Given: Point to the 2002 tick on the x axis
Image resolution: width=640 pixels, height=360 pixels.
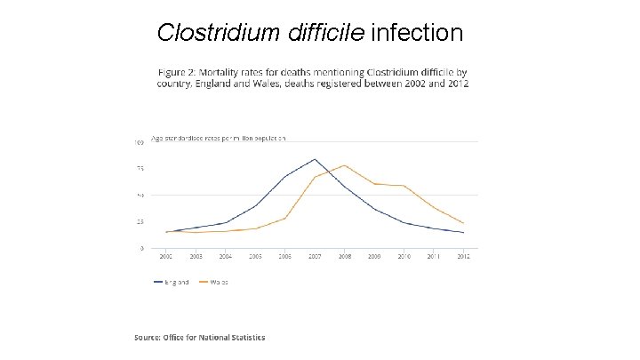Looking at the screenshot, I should point(166,256).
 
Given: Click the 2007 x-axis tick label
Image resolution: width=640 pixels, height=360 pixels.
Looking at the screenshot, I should point(315,256).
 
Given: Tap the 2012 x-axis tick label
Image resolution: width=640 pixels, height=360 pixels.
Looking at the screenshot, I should point(464,256).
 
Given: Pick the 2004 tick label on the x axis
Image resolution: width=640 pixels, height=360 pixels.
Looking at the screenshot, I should point(226,256).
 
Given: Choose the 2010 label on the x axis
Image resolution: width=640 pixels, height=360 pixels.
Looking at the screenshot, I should point(404,256).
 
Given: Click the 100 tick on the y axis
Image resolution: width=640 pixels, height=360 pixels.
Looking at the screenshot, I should point(140,142).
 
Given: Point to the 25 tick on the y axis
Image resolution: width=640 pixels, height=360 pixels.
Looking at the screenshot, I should point(140,221).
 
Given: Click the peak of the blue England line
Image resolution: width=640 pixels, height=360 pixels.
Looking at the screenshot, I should point(315,159).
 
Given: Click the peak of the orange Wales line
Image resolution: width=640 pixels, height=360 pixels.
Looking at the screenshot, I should point(345,165).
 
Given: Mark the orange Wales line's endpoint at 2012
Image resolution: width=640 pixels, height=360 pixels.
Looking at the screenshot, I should point(464,223).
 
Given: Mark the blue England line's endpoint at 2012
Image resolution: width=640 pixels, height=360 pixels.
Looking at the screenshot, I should point(464,233).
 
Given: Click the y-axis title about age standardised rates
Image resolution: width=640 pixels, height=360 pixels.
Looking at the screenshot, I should point(218,138).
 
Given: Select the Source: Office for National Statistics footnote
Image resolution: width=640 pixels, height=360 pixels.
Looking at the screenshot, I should point(199,337).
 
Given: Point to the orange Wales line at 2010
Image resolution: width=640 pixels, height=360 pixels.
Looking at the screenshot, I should point(404,186).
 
